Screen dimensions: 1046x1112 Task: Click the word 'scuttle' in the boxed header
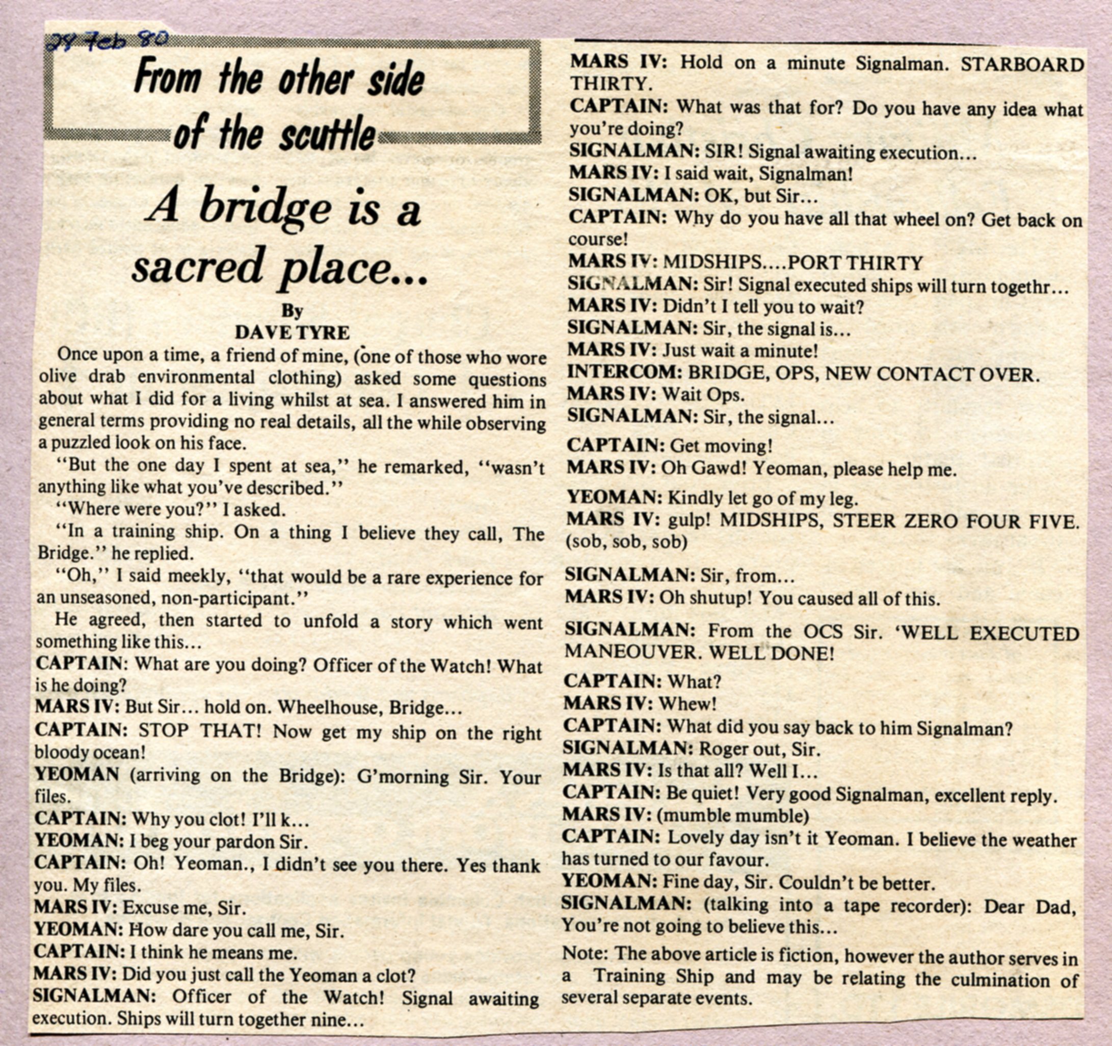coord(327,134)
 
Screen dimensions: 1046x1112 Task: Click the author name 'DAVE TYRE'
coord(292,333)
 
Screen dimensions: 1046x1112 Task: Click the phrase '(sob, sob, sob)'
coord(626,542)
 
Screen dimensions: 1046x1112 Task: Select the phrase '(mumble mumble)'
coord(733,816)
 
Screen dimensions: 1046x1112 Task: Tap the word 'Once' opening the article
coord(76,354)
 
